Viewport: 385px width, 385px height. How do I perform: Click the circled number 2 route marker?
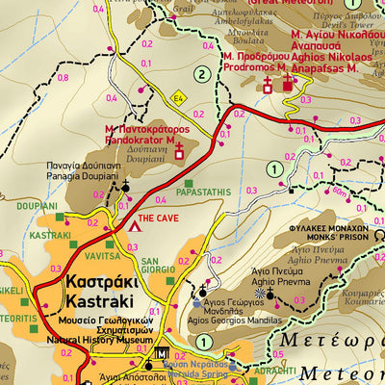201,74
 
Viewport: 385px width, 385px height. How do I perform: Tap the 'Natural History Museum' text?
97,340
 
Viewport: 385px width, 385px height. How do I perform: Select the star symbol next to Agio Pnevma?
259,293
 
